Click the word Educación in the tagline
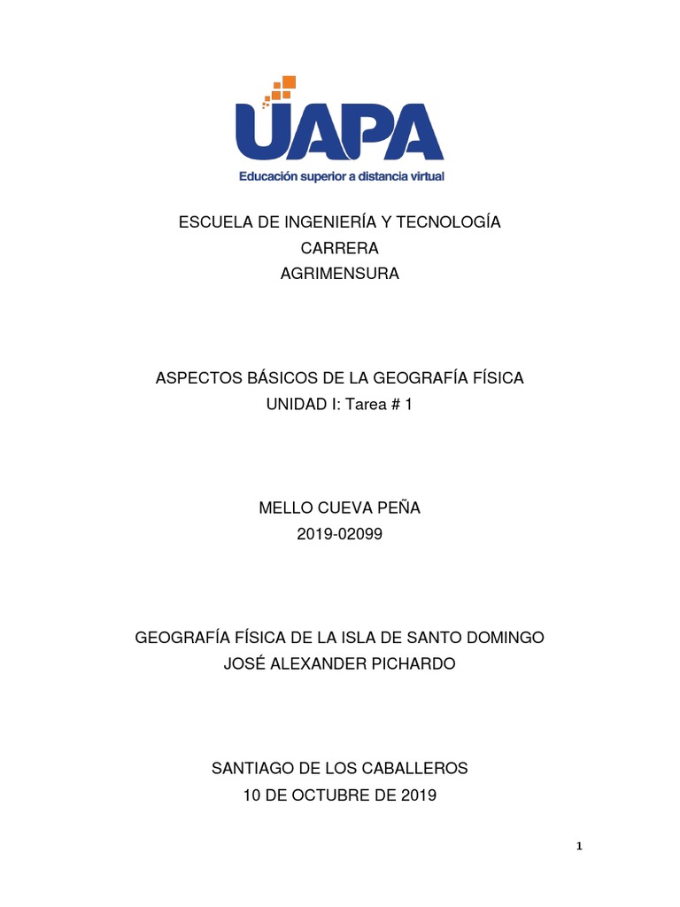[x=271, y=176]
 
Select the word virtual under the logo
[x=421, y=176]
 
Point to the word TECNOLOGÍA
[x=450, y=222]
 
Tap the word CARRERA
[x=340, y=248]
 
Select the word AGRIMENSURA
[x=340, y=274]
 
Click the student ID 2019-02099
[x=340, y=534]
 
